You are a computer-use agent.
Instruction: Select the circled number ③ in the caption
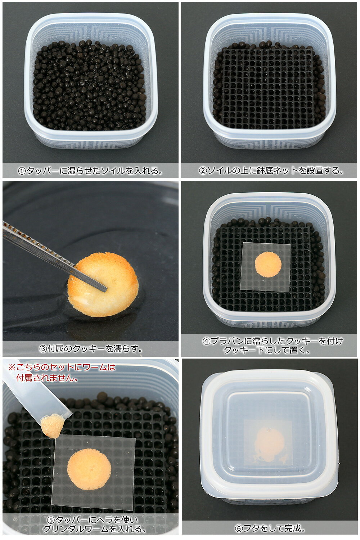tap(43, 348)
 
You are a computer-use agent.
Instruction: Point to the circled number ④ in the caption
tap(207, 341)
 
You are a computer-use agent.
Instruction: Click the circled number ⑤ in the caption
tap(52, 520)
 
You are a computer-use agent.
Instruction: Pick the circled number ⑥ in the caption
tap(239, 528)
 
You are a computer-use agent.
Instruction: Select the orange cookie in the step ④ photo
tap(268, 264)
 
